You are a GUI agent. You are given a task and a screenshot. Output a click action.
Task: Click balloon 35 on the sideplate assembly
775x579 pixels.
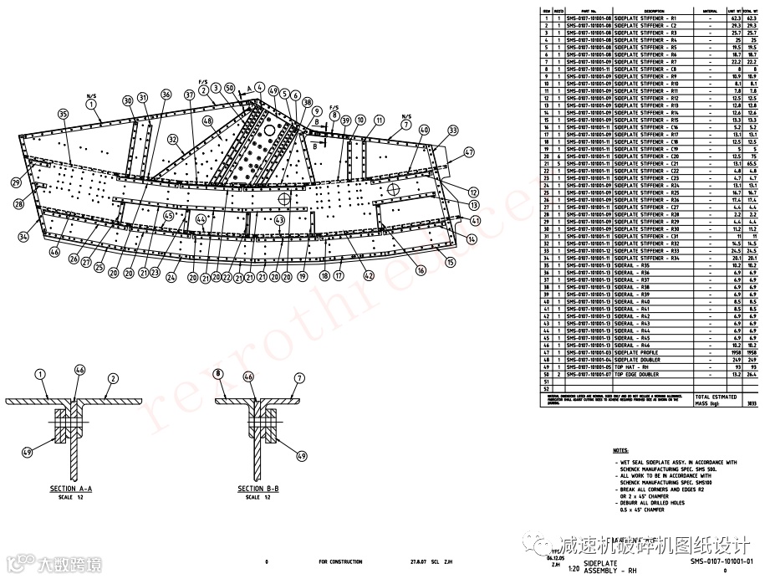62,114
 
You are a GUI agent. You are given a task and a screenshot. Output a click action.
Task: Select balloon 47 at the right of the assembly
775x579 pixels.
469,152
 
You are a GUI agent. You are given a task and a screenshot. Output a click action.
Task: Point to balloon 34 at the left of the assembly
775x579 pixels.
23,238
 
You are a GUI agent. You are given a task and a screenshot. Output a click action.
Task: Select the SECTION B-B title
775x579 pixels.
257,489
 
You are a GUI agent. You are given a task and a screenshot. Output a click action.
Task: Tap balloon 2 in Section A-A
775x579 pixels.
111,377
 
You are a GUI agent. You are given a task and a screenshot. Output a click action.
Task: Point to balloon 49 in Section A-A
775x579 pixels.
27,453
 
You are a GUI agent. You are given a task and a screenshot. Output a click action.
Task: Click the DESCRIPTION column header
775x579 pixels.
644,11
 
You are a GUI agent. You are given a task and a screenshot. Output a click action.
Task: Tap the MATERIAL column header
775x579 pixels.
711,11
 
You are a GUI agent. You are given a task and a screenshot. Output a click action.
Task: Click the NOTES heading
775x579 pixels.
619,450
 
